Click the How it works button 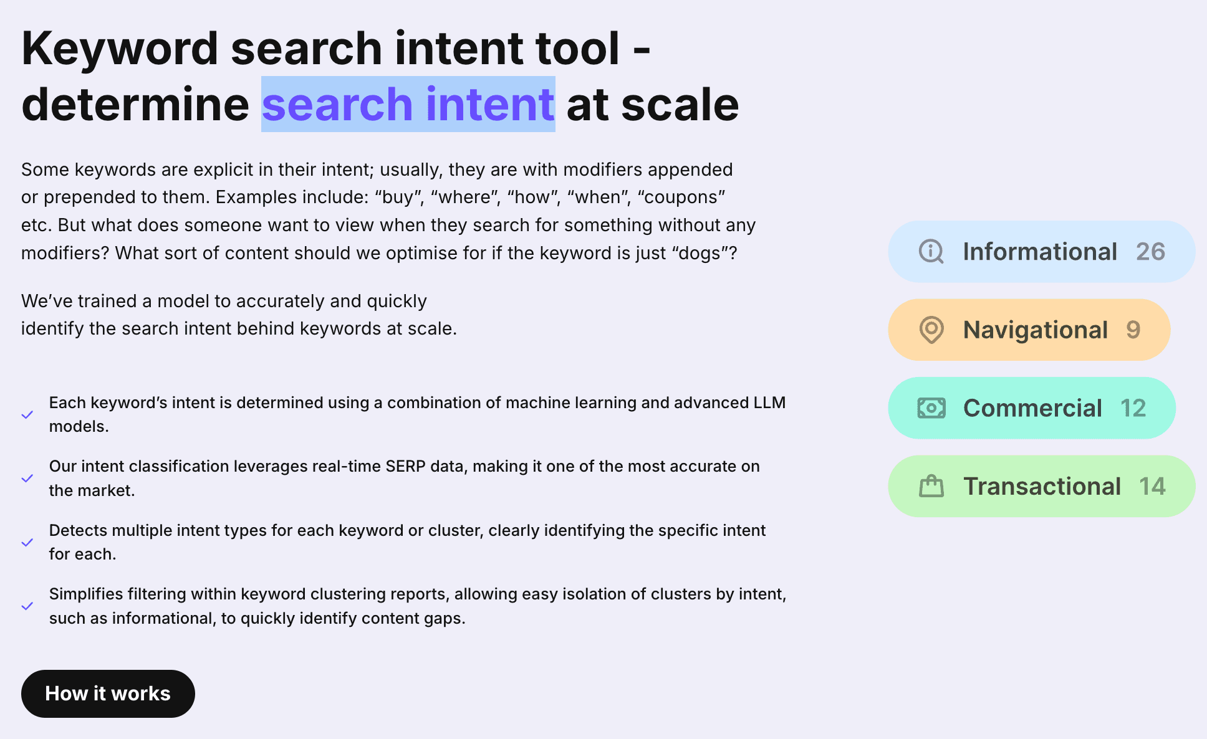coord(108,694)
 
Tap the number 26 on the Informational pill coord(1150,252)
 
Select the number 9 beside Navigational coord(1133,330)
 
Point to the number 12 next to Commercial coord(1133,408)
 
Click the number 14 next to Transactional coord(1152,486)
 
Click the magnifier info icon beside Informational coord(931,252)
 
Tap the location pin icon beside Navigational coord(931,330)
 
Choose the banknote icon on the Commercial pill coord(931,408)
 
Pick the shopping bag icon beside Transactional coord(931,486)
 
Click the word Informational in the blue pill coord(1039,252)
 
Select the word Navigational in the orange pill coord(1035,330)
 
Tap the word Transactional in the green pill coord(1042,486)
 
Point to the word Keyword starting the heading coord(120,49)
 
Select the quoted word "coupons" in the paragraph coord(681,197)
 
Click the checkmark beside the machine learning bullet coord(27,415)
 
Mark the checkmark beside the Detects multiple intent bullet coord(27,543)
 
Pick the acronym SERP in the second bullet coord(406,466)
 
